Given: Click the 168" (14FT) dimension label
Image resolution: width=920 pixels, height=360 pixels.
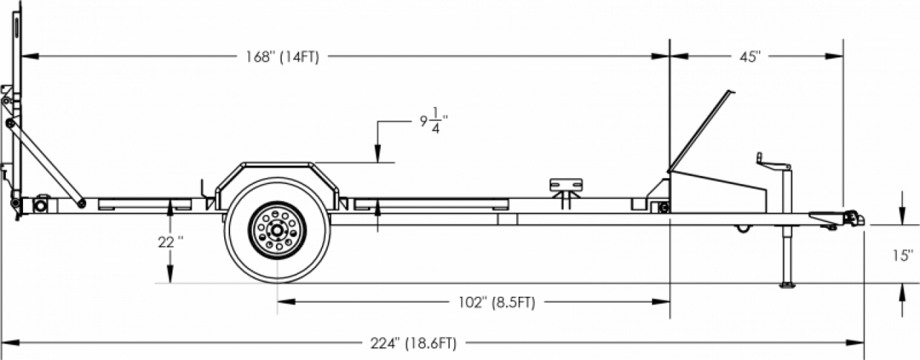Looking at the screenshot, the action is click(282, 57).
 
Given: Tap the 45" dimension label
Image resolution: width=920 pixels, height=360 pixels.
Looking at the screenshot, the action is click(750, 57).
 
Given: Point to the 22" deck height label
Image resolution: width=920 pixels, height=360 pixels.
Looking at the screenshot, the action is click(170, 242).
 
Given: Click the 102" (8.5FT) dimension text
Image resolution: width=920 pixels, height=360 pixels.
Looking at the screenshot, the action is click(497, 303).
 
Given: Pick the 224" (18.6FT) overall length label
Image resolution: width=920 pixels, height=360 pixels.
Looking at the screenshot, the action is click(413, 343).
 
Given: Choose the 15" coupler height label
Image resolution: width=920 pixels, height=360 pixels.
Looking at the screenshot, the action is click(903, 255).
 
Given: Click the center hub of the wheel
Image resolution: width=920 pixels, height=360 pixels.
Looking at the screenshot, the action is click(277, 230).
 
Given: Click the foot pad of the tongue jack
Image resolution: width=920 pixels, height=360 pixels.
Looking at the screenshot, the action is click(787, 285).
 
